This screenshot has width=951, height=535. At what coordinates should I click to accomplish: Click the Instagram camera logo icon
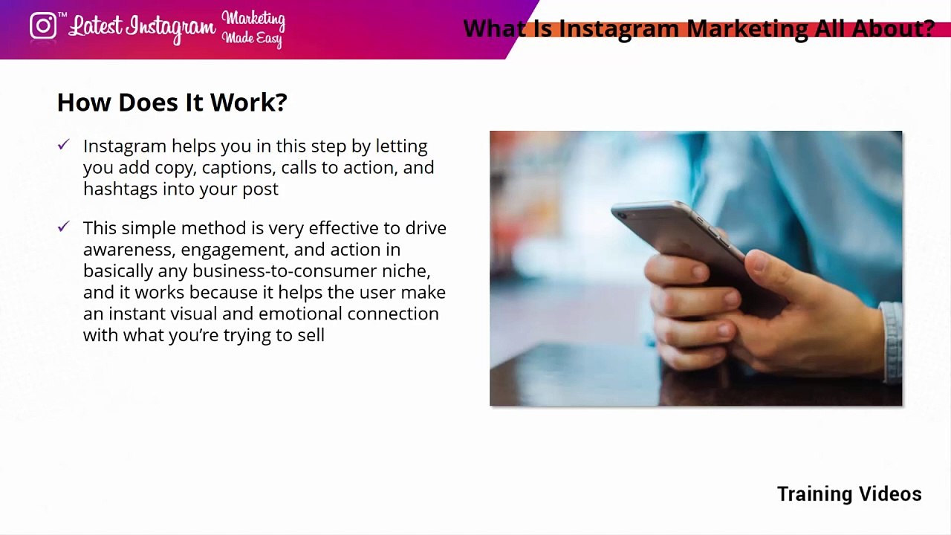click(43, 26)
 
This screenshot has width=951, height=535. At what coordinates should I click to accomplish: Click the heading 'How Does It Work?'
click(172, 103)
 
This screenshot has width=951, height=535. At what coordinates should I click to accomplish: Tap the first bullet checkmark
click(63, 145)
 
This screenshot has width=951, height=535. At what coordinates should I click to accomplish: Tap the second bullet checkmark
click(63, 227)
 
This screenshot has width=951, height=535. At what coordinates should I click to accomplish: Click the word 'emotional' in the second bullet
click(300, 314)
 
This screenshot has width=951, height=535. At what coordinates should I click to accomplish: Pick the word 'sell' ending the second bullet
click(311, 335)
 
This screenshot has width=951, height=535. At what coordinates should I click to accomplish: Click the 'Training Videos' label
click(849, 494)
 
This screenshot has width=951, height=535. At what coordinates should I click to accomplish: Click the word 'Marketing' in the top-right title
click(747, 29)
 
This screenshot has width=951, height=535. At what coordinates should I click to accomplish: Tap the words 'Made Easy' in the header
click(253, 39)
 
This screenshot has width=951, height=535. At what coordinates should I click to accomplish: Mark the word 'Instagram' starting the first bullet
click(125, 146)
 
